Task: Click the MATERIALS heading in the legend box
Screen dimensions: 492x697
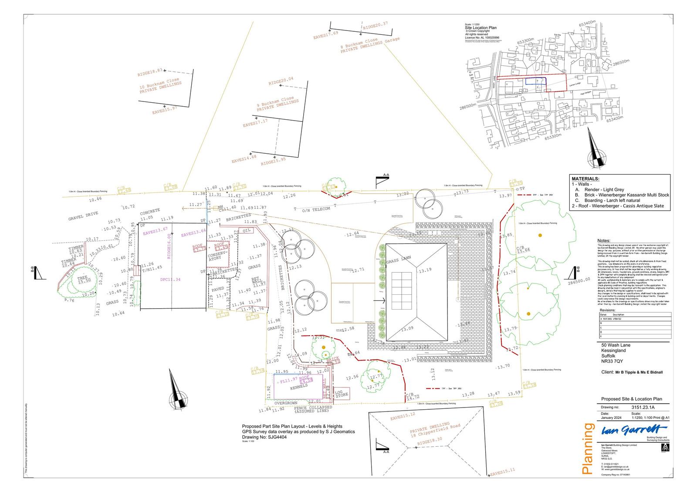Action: tap(585, 179)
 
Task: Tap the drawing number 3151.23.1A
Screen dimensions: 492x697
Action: tap(643, 408)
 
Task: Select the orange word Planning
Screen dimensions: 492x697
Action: tap(588, 448)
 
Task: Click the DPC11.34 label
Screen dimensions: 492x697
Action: tap(170, 280)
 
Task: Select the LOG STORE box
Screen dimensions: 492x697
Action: tap(342, 394)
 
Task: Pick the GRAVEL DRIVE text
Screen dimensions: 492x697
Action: tap(83, 216)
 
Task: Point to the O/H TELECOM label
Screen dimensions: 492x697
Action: tap(316, 209)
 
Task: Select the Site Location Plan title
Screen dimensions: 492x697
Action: tap(480, 27)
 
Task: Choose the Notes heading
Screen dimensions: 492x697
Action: tap(604, 241)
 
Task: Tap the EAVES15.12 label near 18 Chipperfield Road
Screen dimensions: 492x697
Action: tap(403, 418)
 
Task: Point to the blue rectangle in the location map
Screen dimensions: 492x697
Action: tap(535, 81)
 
